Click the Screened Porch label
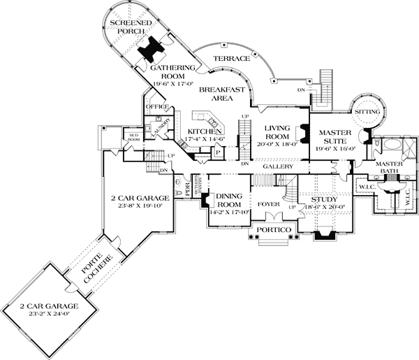[x=127, y=27]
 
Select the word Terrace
[x=231, y=59]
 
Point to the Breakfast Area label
[x=221, y=94]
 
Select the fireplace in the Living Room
[x=304, y=133]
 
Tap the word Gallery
[x=277, y=167]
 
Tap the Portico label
[x=270, y=229]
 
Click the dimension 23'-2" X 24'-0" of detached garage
[x=39, y=315]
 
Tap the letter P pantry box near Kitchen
[x=218, y=153]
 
